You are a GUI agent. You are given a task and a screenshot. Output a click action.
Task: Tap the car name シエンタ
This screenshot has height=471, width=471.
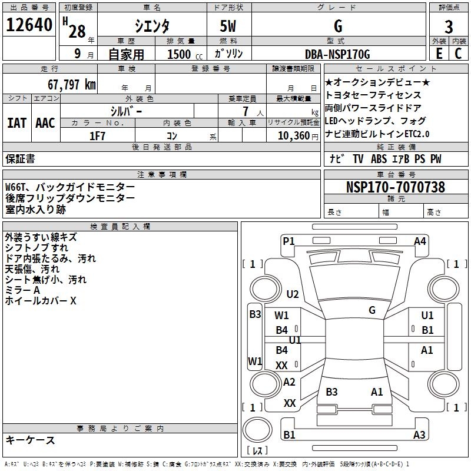click(x=151, y=26)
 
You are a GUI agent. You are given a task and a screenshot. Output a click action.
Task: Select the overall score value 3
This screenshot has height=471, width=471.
click(x=449, y=26)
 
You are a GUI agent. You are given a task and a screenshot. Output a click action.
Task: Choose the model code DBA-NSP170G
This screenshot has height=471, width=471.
click(x=337, y=54)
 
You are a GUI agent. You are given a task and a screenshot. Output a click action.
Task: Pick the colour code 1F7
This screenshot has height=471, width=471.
click(x=97, y=136)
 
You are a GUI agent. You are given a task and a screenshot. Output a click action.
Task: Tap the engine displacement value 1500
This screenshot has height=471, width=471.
click(x=179, y=54)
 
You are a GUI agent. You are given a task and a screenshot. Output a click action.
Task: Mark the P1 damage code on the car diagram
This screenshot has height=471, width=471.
click(x=288, y=241)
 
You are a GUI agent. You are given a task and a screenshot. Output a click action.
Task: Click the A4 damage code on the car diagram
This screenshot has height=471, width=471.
click(x=420, y=241)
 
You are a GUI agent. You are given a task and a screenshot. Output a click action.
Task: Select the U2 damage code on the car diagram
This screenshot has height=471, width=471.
click(x=293, y=294)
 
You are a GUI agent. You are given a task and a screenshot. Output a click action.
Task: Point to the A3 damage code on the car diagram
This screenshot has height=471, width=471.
click(x=419, y=435)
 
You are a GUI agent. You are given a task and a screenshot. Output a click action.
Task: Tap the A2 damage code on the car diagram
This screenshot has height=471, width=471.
click(x=289, y=382)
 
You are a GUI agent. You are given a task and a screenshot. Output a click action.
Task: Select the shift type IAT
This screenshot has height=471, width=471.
click(x=16, y=122)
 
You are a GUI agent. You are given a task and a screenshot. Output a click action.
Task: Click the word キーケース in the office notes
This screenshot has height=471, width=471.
click(x=30, y=440)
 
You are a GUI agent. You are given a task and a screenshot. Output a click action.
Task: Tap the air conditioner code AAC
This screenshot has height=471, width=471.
click(x=45, y=122)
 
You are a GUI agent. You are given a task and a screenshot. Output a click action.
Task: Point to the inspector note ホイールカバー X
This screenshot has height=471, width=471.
click(x=41, y=301)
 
